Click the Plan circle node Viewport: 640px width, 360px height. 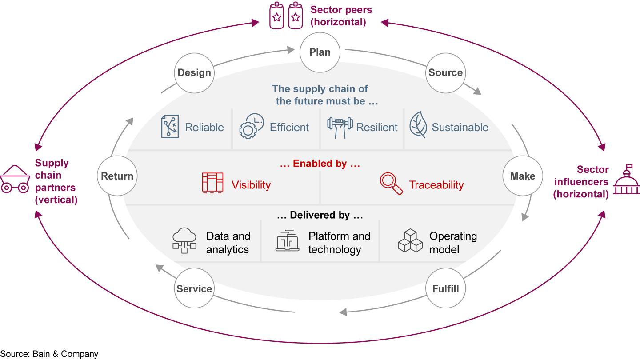[x=320, y=52]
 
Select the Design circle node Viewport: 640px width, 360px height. [x=194, y=73]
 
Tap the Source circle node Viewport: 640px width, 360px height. [x=445, y=73]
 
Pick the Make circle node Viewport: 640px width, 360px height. [x=522, y=176]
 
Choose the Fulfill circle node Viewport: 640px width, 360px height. [x=445, y=289]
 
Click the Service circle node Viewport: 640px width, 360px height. [x=194, y=289]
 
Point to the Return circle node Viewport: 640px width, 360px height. [x=117, y=176]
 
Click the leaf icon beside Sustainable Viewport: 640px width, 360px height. [x=418, y=125]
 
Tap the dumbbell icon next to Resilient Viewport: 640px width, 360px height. [x=340, y=127]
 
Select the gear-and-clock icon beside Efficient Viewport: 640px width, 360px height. [x=252, y=126]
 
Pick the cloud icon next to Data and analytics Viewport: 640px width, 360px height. [x=184, y=240]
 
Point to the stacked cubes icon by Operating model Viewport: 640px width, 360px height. [x=409, y=241]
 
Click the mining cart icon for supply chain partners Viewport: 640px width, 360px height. [x=15, y=180]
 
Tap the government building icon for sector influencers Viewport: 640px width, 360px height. [x=626, y=180]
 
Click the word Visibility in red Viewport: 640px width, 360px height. [x=251, y=185]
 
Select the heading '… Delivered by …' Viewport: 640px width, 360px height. [x=320, y=216]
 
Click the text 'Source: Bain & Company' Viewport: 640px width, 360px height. [x=49, y=354]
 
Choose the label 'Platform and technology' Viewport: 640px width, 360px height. [x=339, y=243]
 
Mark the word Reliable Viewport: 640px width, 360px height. [x=204, y=128]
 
